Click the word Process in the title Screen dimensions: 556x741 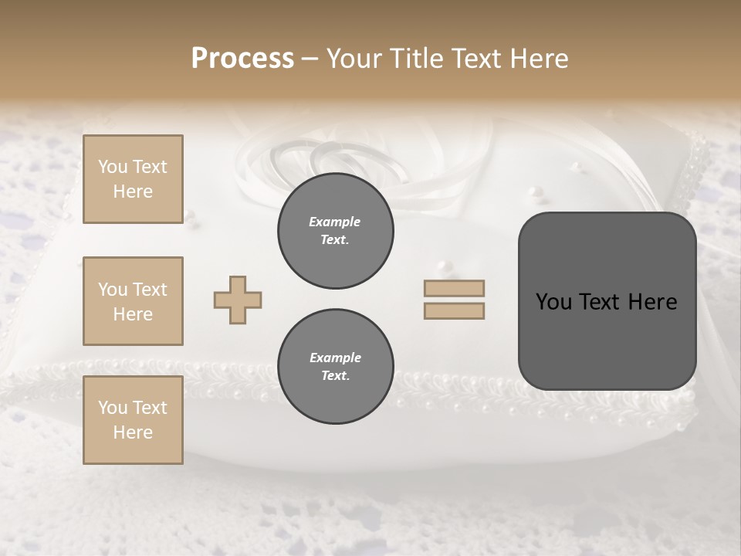pyautogui.click(x=242, y=59)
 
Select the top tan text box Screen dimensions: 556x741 pyautogui.click(x=133, y=179)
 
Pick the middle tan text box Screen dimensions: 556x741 pyautogui.click(x=133, y=301)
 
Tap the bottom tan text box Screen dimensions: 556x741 pyautogui.click(x=133, y=420)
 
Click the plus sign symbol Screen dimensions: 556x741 pyautogui.click(x=238, y=300)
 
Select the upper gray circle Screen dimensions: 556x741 pyautogui.click(x=335, y=231)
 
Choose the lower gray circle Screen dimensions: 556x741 pyautogui.click(x=335, y=367)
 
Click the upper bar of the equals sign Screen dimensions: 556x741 pyautogui.click(x=454, y=288)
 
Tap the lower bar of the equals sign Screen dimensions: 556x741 pyautogui.click(x=454, y=311)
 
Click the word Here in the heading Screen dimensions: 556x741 pyautogui.click(x=540, y=59)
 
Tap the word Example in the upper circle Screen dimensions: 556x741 pyautogui.click(x=335, y=222)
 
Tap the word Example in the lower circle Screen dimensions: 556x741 pyautogui.click(x=335, y=358)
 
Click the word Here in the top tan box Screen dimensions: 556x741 pyautogui.click(x=133, y=192)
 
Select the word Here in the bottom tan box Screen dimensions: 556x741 pyautogui.click(x=133, y=432)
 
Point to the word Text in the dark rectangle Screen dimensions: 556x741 pyautogui.click(x=606, y=302)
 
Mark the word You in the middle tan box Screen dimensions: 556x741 pyautogui.click(x=112, y=290)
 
